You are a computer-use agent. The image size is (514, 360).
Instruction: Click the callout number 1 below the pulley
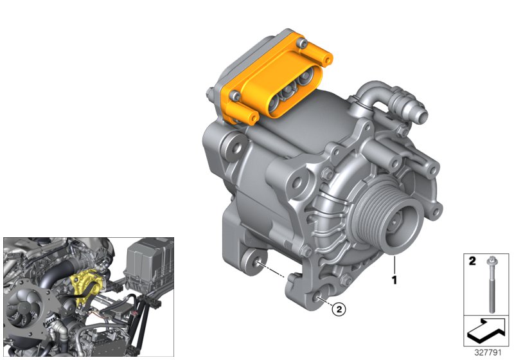394,281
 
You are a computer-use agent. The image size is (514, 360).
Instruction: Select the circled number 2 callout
339,310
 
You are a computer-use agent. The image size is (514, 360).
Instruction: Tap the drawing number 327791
488,352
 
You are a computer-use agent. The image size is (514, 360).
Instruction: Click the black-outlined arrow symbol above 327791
487,330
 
